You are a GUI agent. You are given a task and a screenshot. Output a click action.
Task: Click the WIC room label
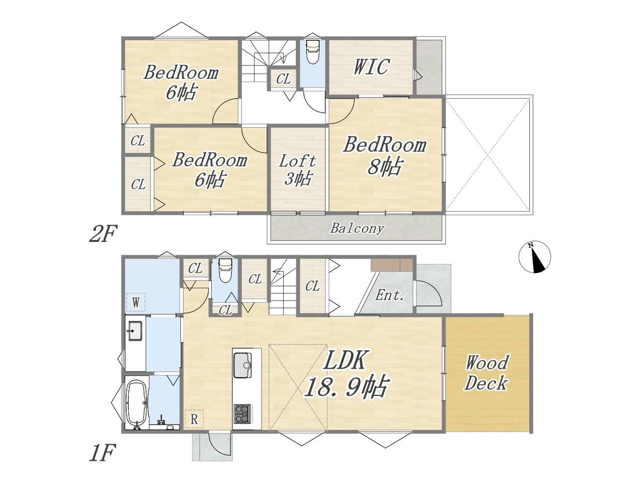[x=371, y=67]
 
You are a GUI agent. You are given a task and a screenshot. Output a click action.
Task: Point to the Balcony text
[x=357, y=228]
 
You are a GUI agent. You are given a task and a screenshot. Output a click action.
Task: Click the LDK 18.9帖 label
[x=347, y=373]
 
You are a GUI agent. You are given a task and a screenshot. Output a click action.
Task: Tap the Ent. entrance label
[x=389, y=295]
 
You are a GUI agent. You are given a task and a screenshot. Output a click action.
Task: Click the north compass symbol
[x=534, y=257]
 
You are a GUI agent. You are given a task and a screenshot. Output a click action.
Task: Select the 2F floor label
[x=103, y=233]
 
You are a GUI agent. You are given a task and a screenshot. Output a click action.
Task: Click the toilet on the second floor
[x=312, y=52]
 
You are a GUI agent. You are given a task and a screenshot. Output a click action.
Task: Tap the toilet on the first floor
[x=225, y=270]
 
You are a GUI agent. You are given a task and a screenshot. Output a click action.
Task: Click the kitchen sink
[x=243, y=365]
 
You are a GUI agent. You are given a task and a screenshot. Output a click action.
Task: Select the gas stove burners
[x=243, y=414]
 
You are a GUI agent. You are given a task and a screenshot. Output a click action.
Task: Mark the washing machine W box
[x=135, y=302]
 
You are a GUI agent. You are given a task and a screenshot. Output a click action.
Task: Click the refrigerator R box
[x=194, y=419]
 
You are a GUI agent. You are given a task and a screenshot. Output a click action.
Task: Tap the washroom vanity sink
[x=135, y=331]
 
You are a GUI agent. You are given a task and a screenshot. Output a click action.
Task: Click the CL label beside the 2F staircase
[x=283, y=79]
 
